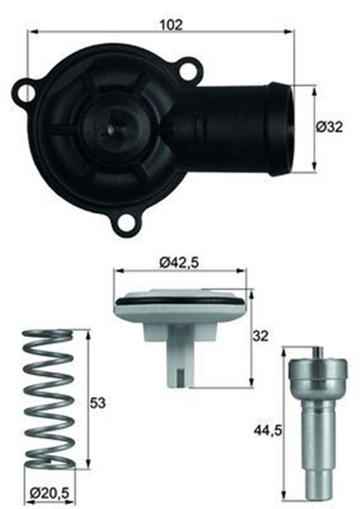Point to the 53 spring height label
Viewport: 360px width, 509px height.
[x=98, y=402]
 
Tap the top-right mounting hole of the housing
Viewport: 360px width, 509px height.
[x=188, y=72]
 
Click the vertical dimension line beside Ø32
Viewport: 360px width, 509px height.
[x=314, y=126]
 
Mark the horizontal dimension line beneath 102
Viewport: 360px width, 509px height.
[x=159, y=32]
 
